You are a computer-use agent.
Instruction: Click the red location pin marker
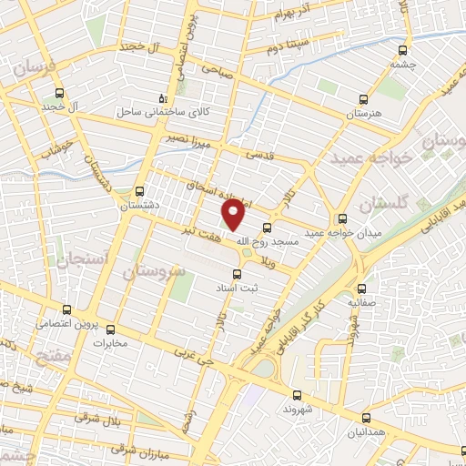[234, 215]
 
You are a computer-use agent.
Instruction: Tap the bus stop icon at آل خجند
[59, 93]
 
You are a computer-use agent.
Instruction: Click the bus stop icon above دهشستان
[139, 192]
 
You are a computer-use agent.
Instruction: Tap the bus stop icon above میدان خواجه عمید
[342, 218]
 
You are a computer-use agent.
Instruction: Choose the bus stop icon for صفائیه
[362, 287]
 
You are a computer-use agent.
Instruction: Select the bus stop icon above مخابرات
[111, 329]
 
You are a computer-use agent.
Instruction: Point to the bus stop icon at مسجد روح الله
[267, 228]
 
